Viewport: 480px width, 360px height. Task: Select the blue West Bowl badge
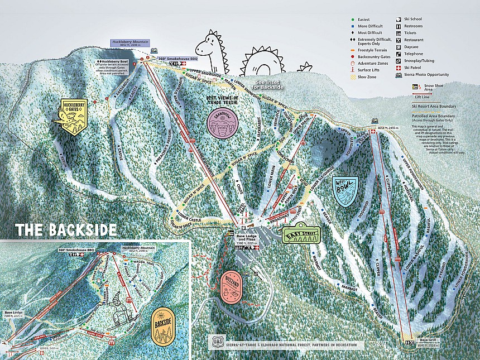click(x=345, y=191)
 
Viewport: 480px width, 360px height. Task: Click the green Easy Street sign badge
click(x=300, y=234)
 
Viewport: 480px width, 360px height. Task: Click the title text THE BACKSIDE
click(x=66, y=230)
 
